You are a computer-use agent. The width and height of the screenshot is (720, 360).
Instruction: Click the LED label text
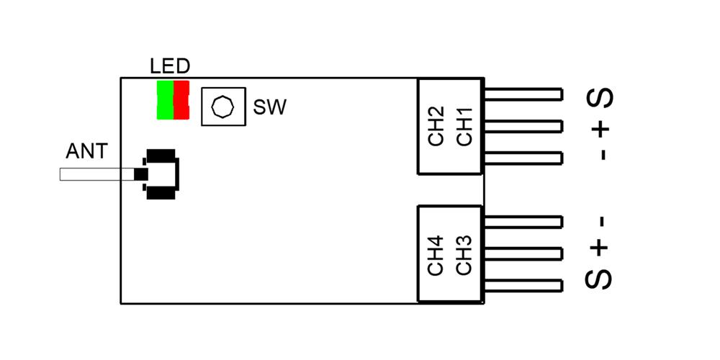click(x=170, y=67)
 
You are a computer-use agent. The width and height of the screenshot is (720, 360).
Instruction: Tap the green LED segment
click(x=165, y=100)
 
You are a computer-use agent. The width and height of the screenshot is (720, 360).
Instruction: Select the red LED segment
click(x=181, y=100)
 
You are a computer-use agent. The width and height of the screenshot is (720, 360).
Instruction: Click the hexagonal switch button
click(x=223, y=107)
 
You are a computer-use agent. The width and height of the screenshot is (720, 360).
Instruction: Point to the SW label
click(x=270, y=109)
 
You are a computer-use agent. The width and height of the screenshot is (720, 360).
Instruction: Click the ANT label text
click(x=86, y=152)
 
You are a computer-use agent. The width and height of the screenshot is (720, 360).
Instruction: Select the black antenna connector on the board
click(x=161, y=175)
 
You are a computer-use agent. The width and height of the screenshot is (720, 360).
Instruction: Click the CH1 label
click(x=464, y=127)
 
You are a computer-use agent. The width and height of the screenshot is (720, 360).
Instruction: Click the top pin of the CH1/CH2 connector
click(x=523, y=94)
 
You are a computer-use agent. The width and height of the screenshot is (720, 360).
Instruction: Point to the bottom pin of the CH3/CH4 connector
click(x=523, y=285)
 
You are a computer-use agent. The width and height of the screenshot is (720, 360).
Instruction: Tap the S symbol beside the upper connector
click(x=601, y=98)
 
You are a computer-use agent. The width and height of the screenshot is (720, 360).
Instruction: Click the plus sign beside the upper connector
click(x=601, y=128)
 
